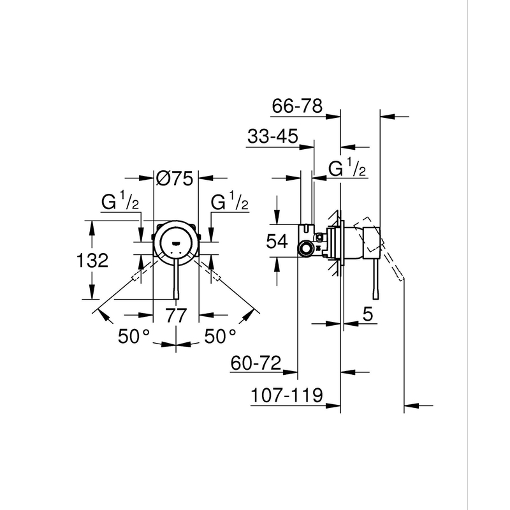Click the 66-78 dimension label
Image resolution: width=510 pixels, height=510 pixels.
[x=298, y=106]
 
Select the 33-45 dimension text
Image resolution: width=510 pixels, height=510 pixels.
[x=271, y=137]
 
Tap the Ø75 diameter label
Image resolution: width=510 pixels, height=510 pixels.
[x=174, y=179]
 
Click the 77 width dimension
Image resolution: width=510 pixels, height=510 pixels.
[x=177, y=315]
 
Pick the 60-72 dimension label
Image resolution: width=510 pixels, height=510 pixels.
[x=256, y=363]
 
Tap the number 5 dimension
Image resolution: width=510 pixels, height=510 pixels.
[x=368, y=315]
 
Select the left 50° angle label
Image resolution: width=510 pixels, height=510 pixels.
[x=134, y=337]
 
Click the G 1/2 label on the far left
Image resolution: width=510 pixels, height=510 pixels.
[x=120, y=203]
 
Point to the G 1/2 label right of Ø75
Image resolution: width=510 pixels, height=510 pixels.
[x=229, y=203]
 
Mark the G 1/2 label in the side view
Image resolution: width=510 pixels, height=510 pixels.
[x=347, y=168]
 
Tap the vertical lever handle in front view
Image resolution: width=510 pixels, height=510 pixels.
[x=177, y=280]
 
